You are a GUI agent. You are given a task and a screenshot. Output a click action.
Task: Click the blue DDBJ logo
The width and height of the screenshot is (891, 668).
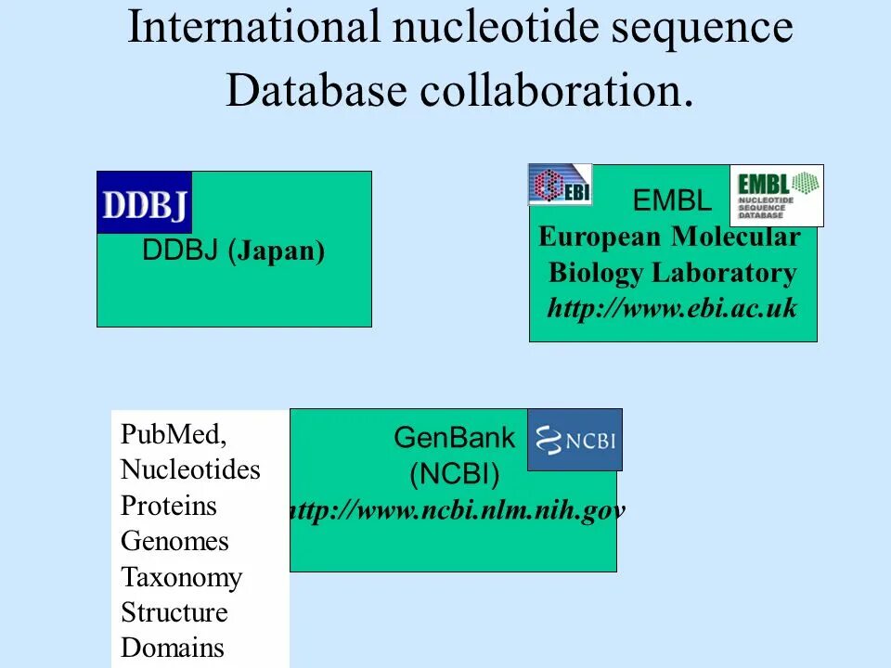(144, 202)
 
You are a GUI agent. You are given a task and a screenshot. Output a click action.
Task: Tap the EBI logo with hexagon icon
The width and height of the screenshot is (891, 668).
(560, 184)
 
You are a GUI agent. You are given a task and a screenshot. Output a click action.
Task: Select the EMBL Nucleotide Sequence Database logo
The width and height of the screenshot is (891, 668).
(777, 195)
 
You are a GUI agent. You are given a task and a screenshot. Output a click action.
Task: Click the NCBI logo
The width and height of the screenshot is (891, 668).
(575, 440)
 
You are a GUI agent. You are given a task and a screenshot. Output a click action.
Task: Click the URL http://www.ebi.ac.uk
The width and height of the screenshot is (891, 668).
(672, 308)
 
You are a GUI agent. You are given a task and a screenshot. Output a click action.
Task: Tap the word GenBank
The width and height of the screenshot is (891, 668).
(455, 438)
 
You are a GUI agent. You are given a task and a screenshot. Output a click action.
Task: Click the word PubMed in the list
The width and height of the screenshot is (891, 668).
(174, 434)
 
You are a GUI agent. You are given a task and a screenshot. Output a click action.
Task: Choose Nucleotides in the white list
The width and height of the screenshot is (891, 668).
(190, 469)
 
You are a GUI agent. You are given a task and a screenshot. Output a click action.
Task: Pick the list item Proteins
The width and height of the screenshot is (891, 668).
(168, 506)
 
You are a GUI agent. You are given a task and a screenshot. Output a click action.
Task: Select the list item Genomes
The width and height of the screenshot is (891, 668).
(174, 541)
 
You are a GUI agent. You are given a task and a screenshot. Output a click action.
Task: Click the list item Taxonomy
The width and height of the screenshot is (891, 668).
(181, 577)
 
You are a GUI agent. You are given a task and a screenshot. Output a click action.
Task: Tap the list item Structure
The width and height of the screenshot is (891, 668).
(174, 612)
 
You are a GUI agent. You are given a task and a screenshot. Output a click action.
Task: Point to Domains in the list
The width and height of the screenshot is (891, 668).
(173, 648)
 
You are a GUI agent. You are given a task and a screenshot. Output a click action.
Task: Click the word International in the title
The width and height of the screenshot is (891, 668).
(252, 28)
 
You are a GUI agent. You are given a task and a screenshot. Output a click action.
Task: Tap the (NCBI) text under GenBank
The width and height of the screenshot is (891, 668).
(455, 475)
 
